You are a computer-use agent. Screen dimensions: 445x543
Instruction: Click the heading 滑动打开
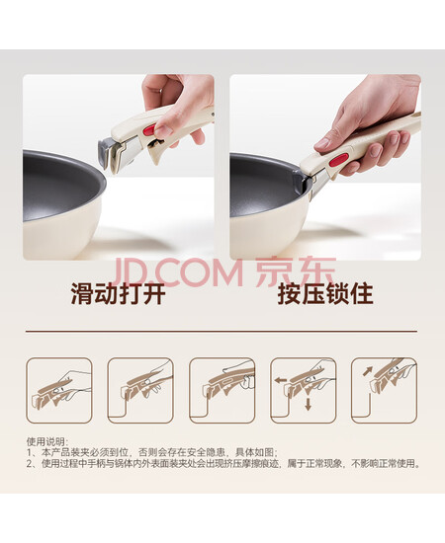(118, 294)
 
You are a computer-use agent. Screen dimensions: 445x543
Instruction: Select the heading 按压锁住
(325, 294)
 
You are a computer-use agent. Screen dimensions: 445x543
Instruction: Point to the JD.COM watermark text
(178, 272)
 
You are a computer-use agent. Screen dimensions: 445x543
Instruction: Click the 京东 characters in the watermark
(296, 271)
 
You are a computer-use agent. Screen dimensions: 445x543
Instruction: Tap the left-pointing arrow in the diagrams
(280, 380)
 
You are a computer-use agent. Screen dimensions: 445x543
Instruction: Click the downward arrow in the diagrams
(308, 404)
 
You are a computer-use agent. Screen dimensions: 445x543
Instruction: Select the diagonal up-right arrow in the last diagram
(368, 371)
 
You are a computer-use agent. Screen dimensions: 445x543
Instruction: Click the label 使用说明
(46, 442)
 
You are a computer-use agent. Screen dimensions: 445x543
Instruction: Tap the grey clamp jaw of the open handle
(105, 152)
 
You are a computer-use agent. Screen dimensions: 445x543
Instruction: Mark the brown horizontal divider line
(222, 332)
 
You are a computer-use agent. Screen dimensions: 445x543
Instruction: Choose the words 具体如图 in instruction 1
(255, 452)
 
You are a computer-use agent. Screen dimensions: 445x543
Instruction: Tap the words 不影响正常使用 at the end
(385, 463)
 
